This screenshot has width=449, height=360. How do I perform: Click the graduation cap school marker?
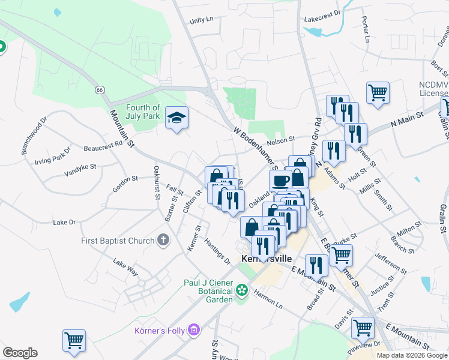[177, 117]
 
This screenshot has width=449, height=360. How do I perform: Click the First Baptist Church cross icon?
[163, 241]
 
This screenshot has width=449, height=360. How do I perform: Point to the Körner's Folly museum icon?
[193, 329]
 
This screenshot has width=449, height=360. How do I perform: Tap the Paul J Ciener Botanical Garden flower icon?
[241, 290]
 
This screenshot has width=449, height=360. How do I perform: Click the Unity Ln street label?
[201, 20]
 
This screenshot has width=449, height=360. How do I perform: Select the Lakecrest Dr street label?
[322, 13]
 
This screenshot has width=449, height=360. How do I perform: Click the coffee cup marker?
[280, 180]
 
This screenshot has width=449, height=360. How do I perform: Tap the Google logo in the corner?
[20, 353]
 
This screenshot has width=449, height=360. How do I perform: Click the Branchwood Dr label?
[34, 137]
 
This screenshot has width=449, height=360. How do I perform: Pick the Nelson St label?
[281, 140]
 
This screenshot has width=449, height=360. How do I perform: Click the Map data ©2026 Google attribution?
[412, 355]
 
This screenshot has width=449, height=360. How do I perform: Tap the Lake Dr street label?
[64, 222]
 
